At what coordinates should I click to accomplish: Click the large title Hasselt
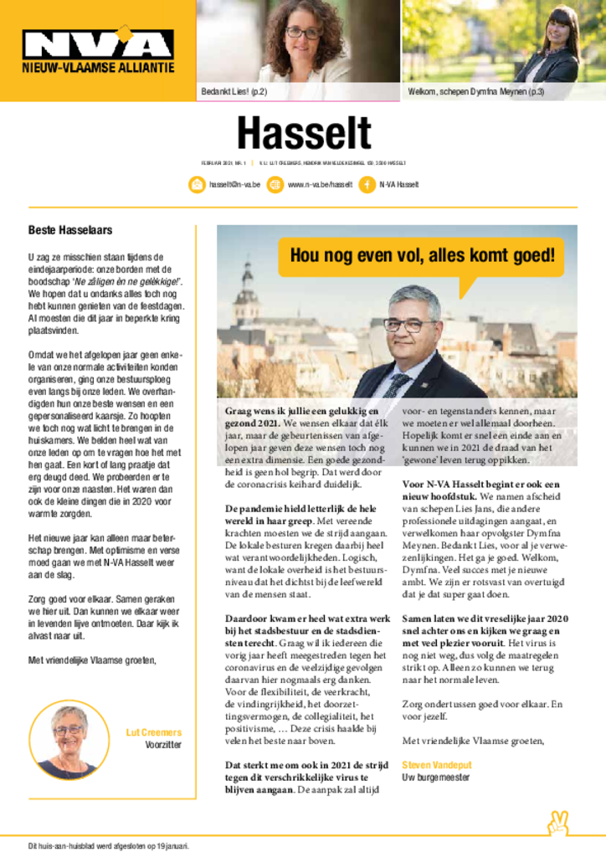click(x=303, y=135)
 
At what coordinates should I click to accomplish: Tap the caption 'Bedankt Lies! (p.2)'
click(x=234, y=91)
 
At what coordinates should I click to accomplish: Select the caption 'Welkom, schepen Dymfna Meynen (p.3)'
click(x=475, y=91)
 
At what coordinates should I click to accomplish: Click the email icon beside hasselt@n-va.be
click(x=197, y=185)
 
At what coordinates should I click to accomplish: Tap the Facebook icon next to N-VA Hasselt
click(x=367, y=185)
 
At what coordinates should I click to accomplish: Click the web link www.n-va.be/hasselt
click(x=320, y=185)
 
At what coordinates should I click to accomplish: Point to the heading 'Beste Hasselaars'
click(x=70, y=230)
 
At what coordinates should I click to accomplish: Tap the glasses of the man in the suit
click(x=409, y=324)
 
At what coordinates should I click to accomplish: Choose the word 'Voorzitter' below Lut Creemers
click(x=163, y=744)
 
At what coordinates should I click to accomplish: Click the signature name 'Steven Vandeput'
click(x=435, y=765)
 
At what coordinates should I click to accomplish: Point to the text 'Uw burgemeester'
click(x=434, y=778)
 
